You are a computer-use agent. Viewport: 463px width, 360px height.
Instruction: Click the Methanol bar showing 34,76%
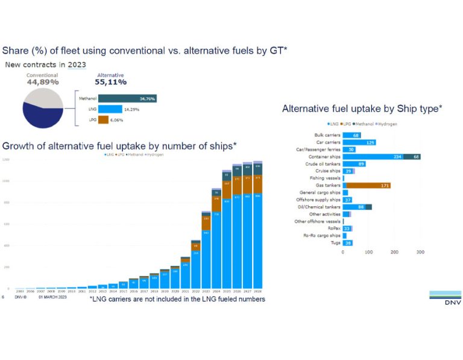pos(127,98)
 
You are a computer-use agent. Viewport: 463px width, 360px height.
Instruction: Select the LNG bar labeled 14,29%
pos(110,109)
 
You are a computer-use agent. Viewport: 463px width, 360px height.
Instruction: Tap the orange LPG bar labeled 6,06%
pos(103,119)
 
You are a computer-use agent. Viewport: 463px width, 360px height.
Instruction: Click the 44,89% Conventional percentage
pos(43,82)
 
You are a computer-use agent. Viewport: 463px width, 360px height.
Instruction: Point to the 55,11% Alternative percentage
pos(110,82)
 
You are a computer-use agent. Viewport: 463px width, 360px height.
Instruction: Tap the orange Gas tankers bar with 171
pos(367,185)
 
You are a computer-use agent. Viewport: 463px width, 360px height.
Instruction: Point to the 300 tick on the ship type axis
pos(421,252)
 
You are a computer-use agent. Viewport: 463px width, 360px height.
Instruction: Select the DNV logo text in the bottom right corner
pos(445,302)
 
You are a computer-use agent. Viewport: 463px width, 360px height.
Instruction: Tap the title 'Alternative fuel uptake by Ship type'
pos(362,109)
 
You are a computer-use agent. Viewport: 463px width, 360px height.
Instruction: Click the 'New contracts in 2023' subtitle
pos(46,65)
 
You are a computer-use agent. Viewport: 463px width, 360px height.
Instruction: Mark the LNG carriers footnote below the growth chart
pos(177,299)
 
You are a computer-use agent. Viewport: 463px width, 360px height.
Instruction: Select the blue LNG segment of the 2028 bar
pos(257,241)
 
